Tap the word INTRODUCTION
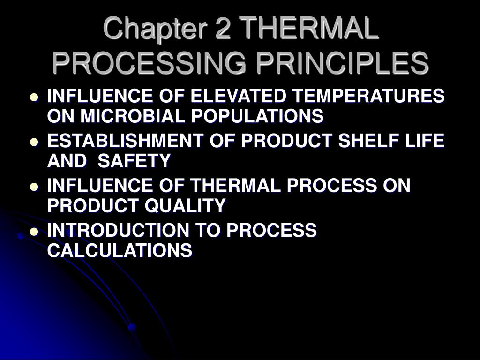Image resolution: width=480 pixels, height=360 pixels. coord(111,231)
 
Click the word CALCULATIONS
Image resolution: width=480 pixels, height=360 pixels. coord(120,250)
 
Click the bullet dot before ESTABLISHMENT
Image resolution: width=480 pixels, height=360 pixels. coord(34,142)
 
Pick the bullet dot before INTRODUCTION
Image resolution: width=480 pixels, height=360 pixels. coord(34,232)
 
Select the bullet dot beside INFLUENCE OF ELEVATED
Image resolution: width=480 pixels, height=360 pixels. coord(34,97)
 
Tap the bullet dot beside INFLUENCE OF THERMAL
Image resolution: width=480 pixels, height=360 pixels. coord(34,187)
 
